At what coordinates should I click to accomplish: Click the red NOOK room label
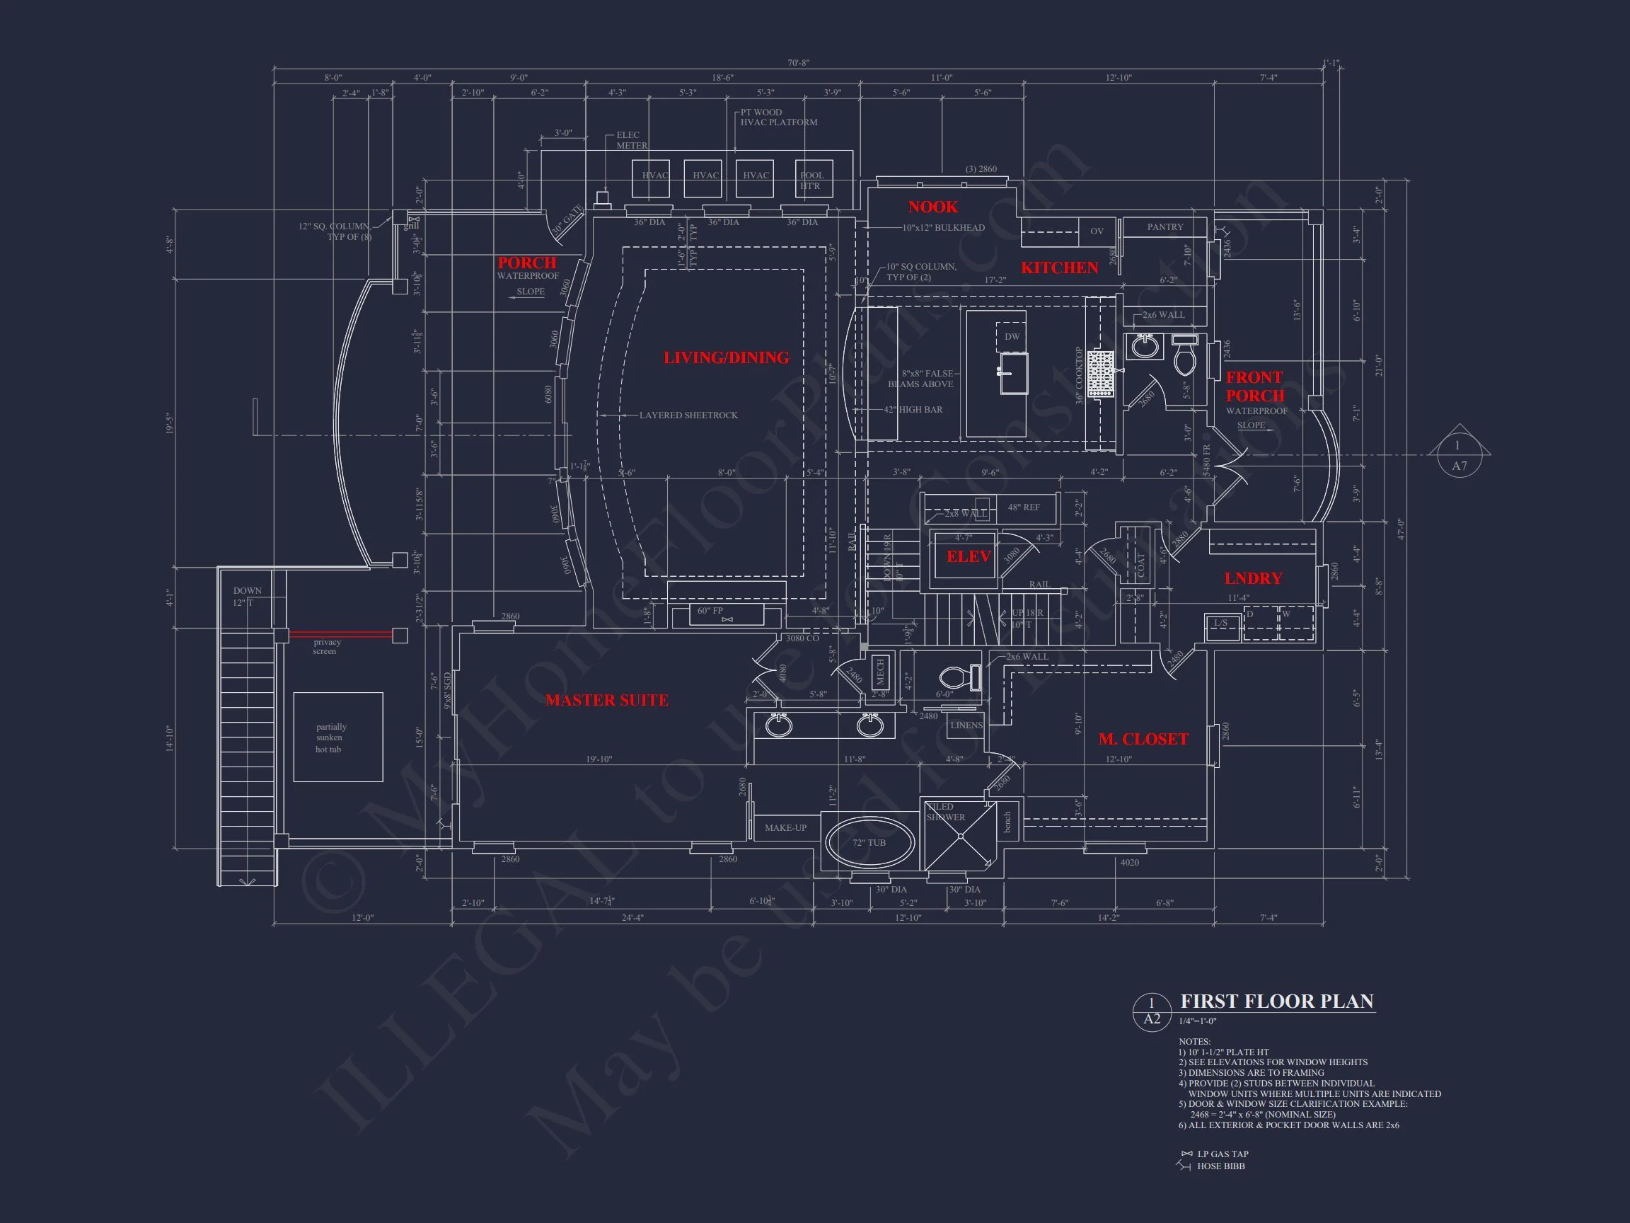click(932, 207)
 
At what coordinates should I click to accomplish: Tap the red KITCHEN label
click(1059, 268)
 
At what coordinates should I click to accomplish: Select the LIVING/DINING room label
click(726, 357)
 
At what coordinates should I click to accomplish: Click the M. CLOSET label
click(1143, 740)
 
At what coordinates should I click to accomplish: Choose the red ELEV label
click(969, 556)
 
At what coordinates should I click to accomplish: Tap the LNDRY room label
click(1254, 579)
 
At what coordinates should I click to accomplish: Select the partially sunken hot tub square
click(337, 737)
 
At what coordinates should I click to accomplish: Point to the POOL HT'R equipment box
click(813, 179)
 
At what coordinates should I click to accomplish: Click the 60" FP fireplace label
click(710, 611)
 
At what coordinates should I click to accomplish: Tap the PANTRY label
click(1165, 227)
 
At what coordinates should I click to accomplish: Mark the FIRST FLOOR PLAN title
click(1277, 1001)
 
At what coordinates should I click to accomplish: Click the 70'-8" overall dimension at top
click(798, 63)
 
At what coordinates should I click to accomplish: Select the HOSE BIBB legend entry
click(1220, 1166)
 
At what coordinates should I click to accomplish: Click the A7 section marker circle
click(1459, 457)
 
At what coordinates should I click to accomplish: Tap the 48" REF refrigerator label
click(1024, 507)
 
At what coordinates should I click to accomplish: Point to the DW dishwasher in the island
click(1012, 336)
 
